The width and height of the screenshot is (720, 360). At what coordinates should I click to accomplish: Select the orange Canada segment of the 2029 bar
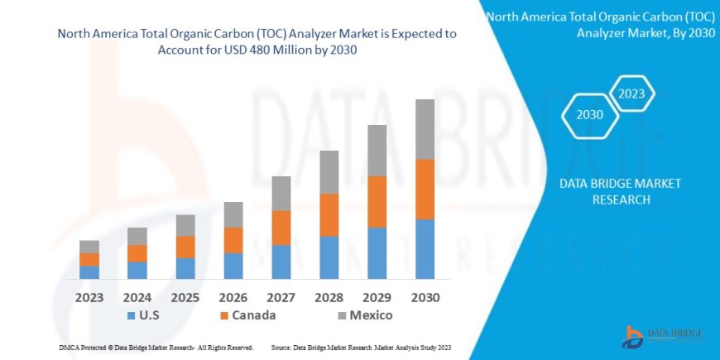(377, 201)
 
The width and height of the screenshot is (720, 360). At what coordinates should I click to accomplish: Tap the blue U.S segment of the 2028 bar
(329, 257)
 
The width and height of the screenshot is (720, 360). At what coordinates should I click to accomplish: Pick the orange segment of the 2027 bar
(281, 228)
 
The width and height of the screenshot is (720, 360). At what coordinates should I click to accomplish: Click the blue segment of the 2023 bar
(89, 272)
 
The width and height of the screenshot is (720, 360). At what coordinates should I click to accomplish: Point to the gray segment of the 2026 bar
(233, 214)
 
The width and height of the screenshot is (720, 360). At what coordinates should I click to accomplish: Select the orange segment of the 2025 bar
(185, 247)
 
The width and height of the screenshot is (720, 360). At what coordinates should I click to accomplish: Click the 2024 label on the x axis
(137, 297)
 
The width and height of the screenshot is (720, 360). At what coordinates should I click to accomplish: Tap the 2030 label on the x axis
(425, 297)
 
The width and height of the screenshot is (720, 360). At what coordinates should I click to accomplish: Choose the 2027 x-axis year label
(281, 297)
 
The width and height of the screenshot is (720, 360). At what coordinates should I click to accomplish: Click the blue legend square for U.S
(132, 316)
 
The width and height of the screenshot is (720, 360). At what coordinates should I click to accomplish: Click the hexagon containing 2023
(632, 94)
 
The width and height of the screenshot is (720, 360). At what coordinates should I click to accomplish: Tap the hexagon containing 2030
(590, 115)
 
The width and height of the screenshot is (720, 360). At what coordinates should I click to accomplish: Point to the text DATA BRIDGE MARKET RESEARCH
(620, 191)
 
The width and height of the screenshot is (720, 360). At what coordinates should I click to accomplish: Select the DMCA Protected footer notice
(156, 348)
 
